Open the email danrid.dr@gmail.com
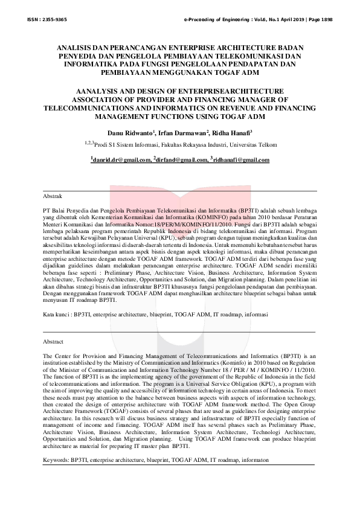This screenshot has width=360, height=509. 121,160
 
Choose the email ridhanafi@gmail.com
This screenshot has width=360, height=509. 240,160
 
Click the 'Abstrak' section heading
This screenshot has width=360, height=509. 54,196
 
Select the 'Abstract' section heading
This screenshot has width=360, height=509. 54,341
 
